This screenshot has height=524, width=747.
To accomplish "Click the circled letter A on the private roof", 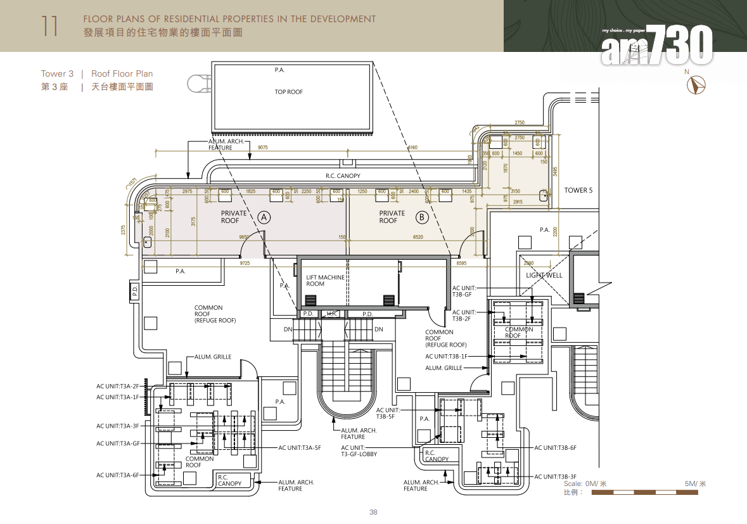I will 264,217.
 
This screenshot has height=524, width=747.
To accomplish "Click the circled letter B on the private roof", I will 422,217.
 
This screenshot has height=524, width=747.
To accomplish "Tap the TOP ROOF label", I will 288,92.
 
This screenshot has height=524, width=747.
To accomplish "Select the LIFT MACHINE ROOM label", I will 325,281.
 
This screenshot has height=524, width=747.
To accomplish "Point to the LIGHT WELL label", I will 544,276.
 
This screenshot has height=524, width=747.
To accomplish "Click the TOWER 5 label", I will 578,190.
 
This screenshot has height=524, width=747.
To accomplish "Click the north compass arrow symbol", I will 699,85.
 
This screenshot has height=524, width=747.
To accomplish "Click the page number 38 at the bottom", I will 373,512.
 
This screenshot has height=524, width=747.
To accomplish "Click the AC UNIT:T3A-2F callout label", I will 117,386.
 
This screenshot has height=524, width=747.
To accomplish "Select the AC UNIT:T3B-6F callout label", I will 555,448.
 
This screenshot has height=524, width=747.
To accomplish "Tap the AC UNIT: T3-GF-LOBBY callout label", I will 362,451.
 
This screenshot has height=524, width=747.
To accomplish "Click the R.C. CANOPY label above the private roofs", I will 343,176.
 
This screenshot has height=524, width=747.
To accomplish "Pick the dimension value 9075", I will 263,148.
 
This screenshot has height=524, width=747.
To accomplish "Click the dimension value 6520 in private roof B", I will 418,237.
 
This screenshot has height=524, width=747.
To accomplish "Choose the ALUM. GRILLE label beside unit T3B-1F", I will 444,368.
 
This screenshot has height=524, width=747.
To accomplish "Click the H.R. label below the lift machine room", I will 333,314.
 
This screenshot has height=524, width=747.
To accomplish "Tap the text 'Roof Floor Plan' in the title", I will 122,73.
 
